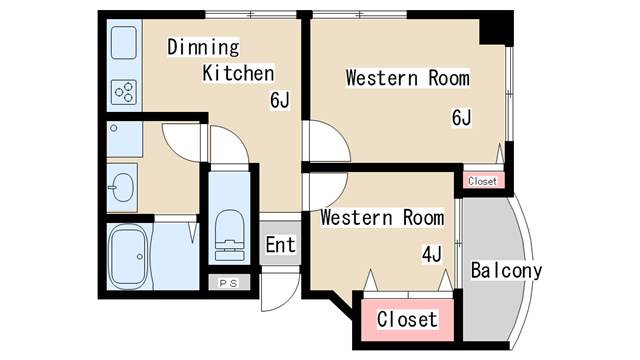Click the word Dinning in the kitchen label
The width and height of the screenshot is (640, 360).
click(203, 47)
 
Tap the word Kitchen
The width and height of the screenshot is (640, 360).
click(238, 73)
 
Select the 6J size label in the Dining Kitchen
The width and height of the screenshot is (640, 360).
click(280, 100)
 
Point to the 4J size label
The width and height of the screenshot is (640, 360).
click(432, 255)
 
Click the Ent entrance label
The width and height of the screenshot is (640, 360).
click(280, 245)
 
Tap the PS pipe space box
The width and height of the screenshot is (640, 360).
click(229, 283)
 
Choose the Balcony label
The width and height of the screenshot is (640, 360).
click(506, 271)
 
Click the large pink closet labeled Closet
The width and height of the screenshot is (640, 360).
click(407, 320)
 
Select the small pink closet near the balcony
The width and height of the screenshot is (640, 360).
click(483, 180)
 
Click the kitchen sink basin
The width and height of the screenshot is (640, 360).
click(124, 43)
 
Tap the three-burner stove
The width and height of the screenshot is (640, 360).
click(124, 93)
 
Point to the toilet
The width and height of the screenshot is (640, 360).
click(230, 236)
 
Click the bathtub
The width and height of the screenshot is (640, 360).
click(128, 257)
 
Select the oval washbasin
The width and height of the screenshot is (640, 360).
click(122, 188)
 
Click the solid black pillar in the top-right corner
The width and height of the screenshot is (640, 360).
click(496, 28)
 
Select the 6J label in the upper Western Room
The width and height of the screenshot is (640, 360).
click(462, 118)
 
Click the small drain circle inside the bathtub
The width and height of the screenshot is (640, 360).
click(140, 257)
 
